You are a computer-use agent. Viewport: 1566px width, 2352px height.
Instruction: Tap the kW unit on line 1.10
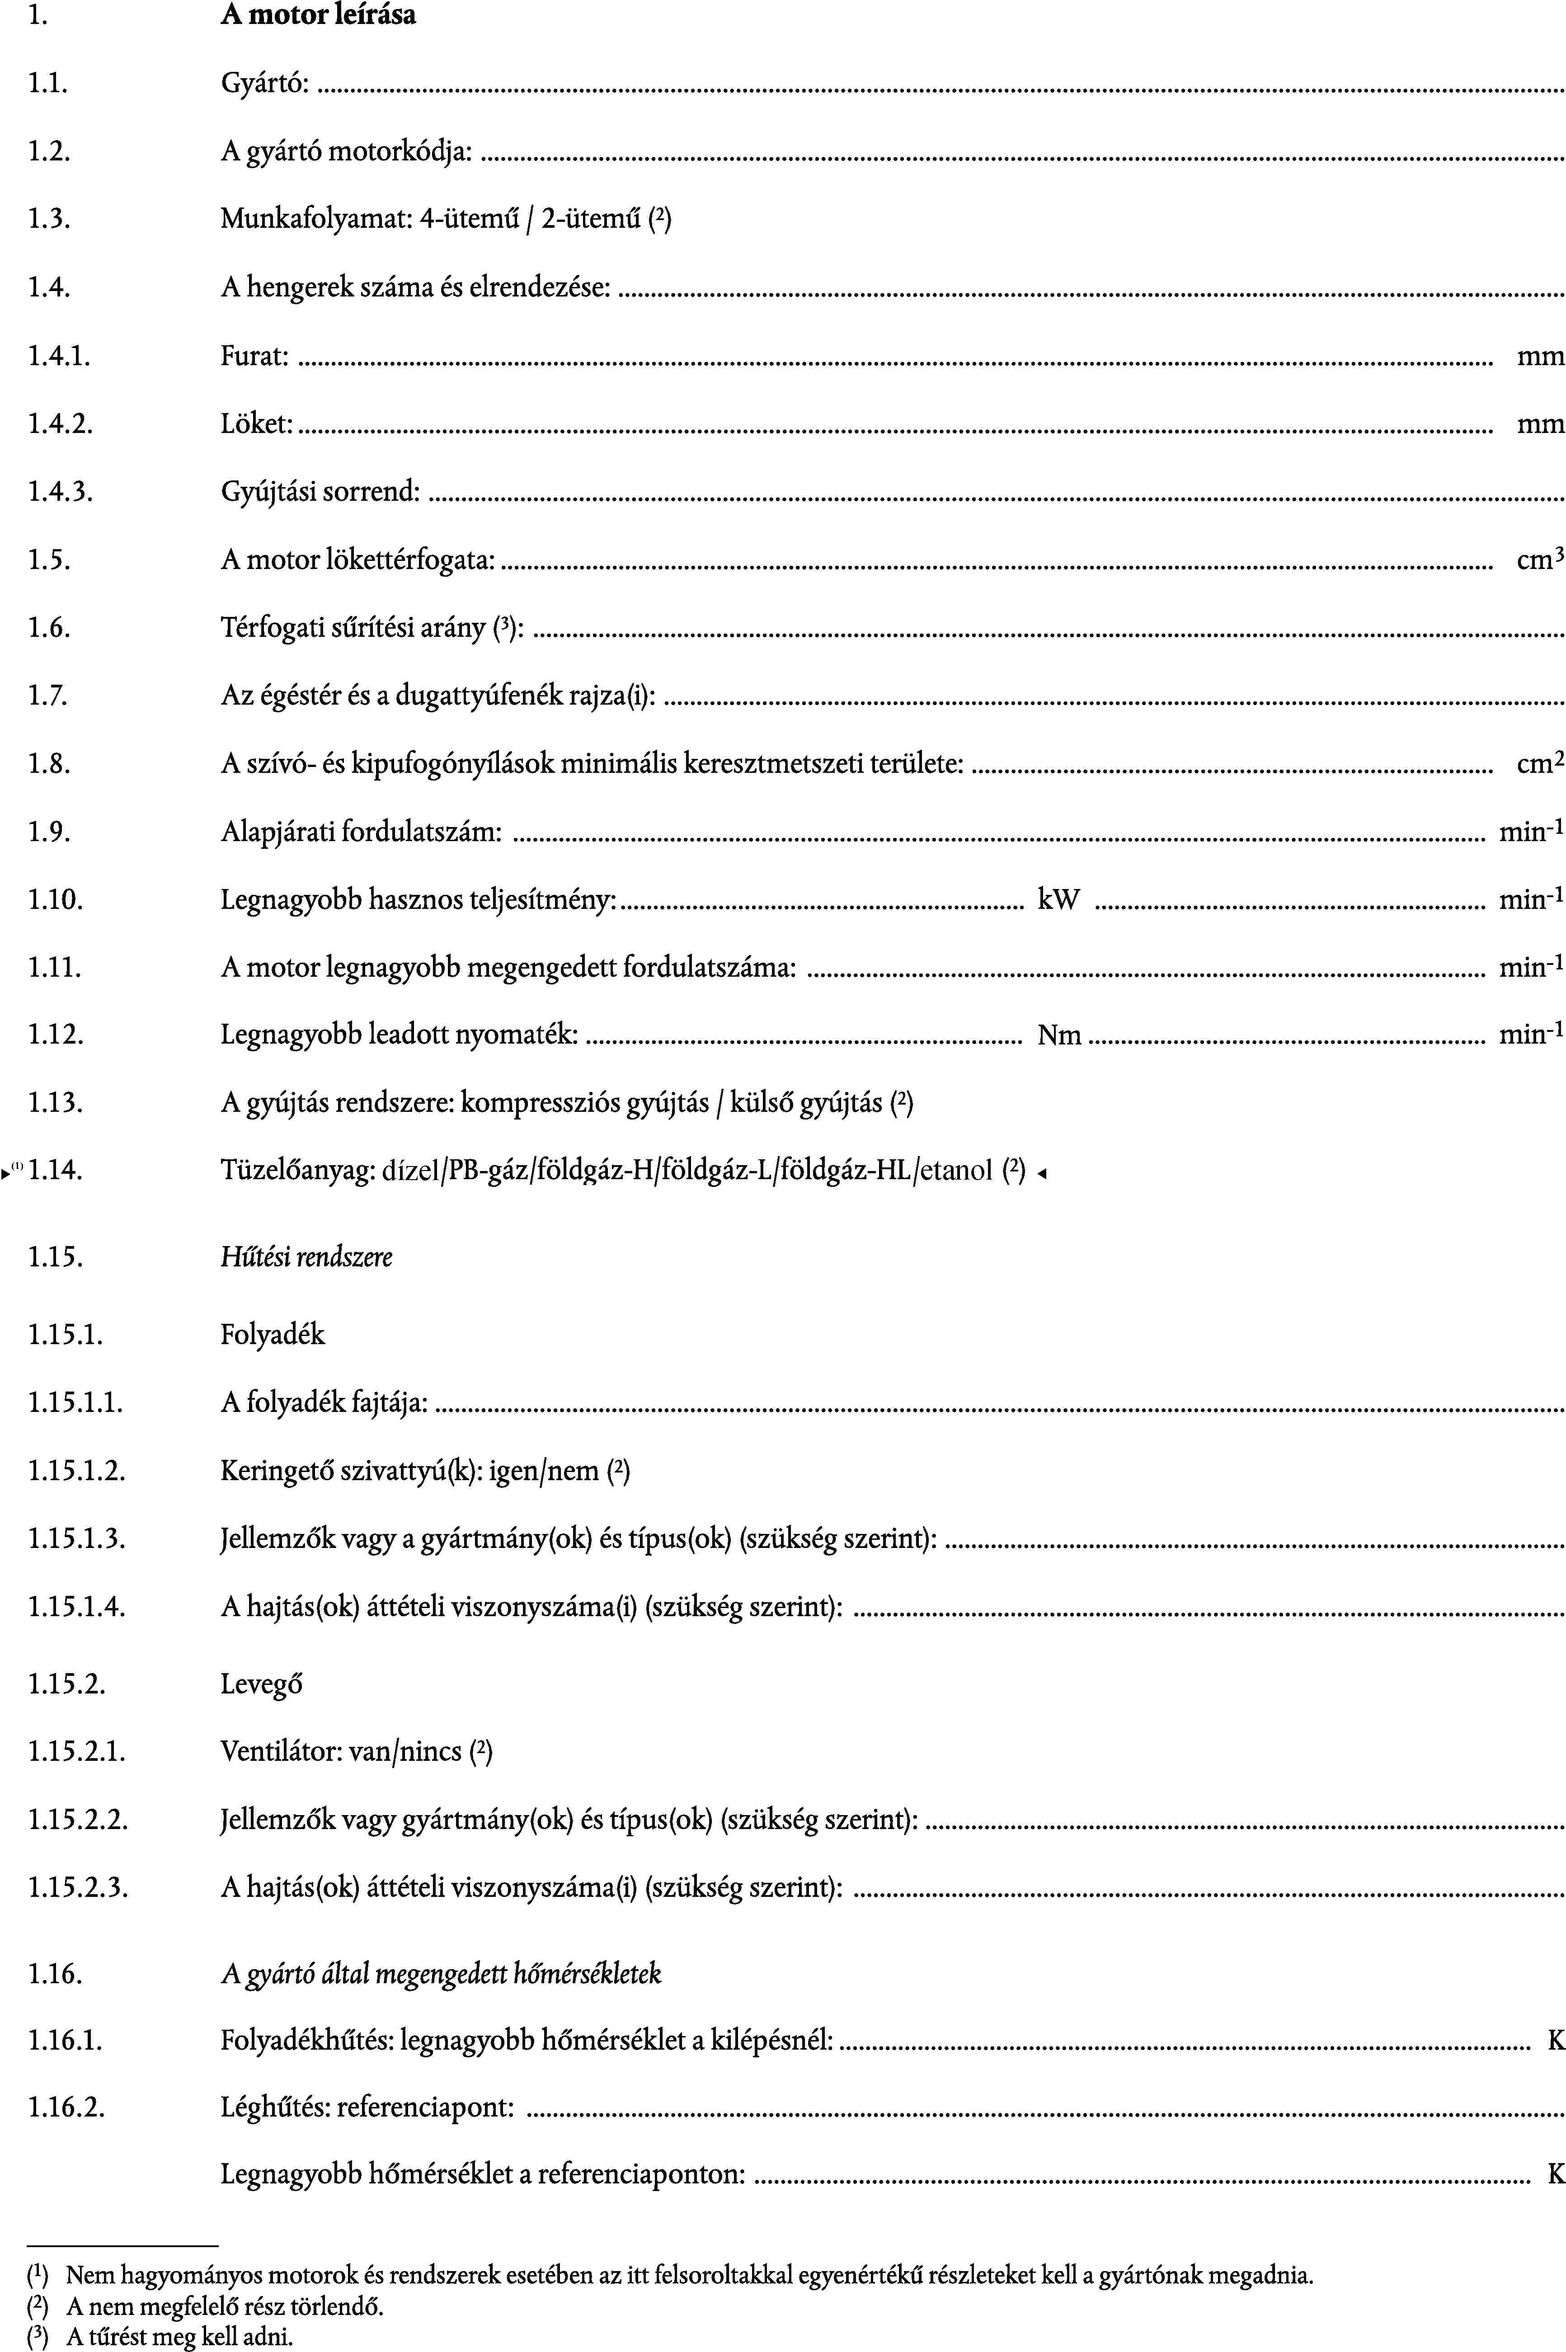click(x=1058, y=900)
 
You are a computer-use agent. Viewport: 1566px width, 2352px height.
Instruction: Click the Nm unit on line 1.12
click(x=1060, y=1036)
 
